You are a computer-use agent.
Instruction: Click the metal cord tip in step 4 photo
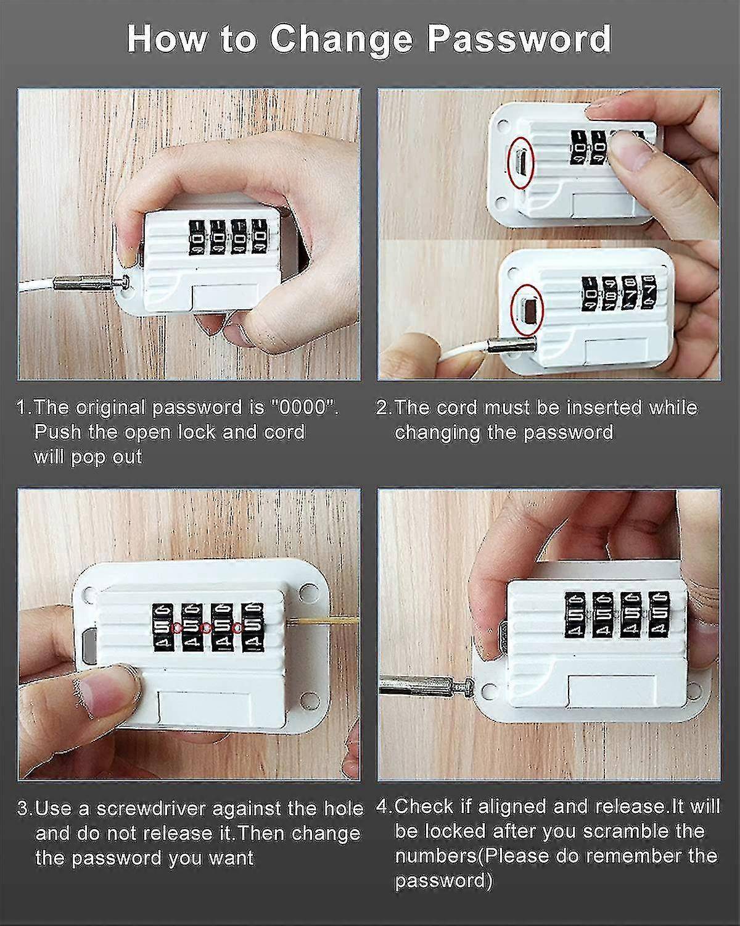coord(419,683)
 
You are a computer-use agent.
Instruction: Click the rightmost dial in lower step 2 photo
coord(648,290)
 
